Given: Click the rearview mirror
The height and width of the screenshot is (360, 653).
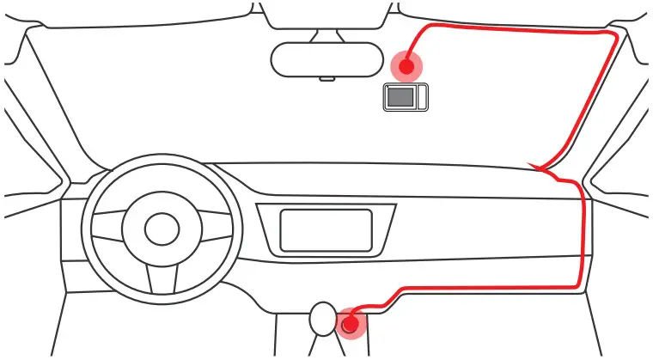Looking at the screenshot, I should point(326,59).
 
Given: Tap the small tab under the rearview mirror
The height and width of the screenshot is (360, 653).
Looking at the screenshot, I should point(326,79).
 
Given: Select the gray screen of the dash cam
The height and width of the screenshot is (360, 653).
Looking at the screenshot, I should point(400,97).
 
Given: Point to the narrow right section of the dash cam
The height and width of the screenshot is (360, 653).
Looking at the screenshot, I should point(421,97).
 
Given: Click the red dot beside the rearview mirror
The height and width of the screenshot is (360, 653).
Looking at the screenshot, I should point(406,66).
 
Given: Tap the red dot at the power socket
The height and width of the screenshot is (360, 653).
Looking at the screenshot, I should point(350,325).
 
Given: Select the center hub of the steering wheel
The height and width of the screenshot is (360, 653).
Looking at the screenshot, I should point(162,229).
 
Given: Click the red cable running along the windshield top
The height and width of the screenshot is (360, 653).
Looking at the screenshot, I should point(516,31).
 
